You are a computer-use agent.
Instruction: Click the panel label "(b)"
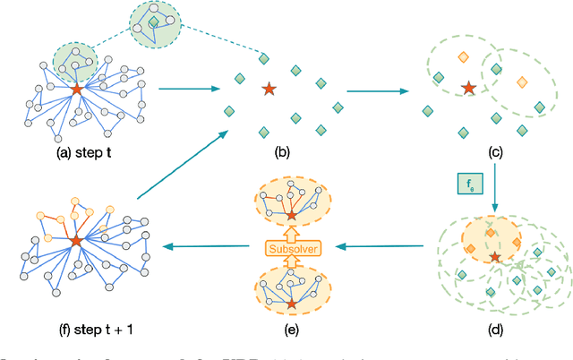point(283,153)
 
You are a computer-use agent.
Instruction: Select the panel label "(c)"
point(495,153)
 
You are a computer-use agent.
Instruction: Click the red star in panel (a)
point(77,90)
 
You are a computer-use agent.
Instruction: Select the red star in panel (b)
point(268,89)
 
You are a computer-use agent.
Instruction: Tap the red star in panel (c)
point(467,88)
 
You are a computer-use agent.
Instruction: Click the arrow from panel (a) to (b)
point(191,88)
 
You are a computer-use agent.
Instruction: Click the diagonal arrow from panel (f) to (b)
point(180,165)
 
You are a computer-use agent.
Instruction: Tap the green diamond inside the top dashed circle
point(154,21)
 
